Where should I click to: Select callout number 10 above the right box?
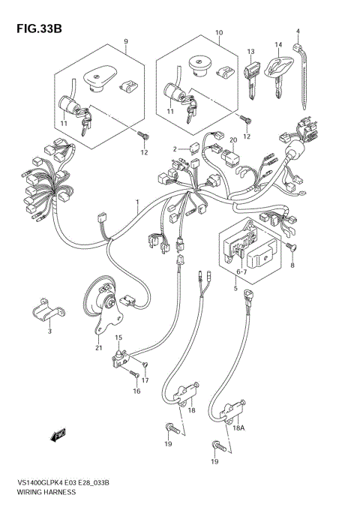(220, 33)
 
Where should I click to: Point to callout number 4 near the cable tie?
(297, 31)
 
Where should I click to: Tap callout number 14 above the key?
(277, 45)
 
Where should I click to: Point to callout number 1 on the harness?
(137, 203)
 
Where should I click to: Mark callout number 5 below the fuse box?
(235, 288)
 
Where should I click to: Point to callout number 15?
(118, 338)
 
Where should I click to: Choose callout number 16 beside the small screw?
(136, 390)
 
